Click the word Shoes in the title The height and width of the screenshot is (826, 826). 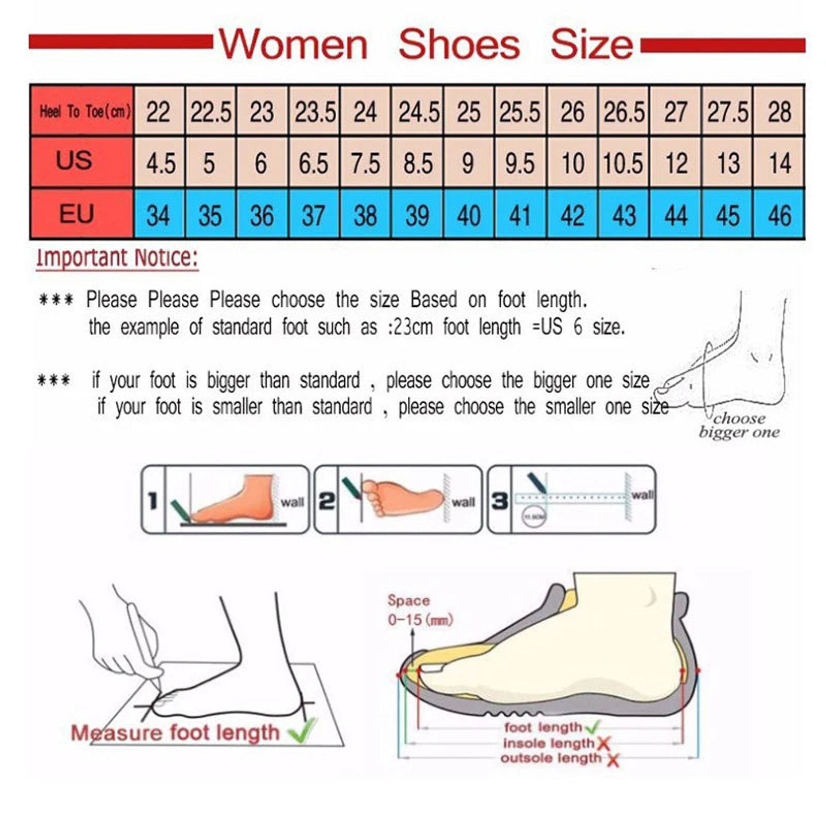(459, 45)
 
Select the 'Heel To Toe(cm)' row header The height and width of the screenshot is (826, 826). (84, 111)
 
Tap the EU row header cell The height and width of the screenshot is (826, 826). (76, 215)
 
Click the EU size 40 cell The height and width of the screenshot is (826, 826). (469, 216)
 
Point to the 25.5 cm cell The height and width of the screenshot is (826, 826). (520, 112)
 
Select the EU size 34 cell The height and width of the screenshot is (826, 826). (158, 216)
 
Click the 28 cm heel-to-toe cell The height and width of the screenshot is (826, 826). (780, 112)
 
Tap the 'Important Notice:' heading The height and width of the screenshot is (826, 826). (117, 258)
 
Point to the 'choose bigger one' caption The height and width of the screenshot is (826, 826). (739, 426)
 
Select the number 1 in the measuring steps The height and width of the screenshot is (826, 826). (153, 501)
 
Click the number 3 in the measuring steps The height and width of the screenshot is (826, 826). (500, 501)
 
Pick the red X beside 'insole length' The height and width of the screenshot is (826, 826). (603, 744)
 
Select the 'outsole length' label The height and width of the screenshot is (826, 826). (551, 758)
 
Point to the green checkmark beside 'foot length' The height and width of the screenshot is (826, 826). (593, 727)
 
